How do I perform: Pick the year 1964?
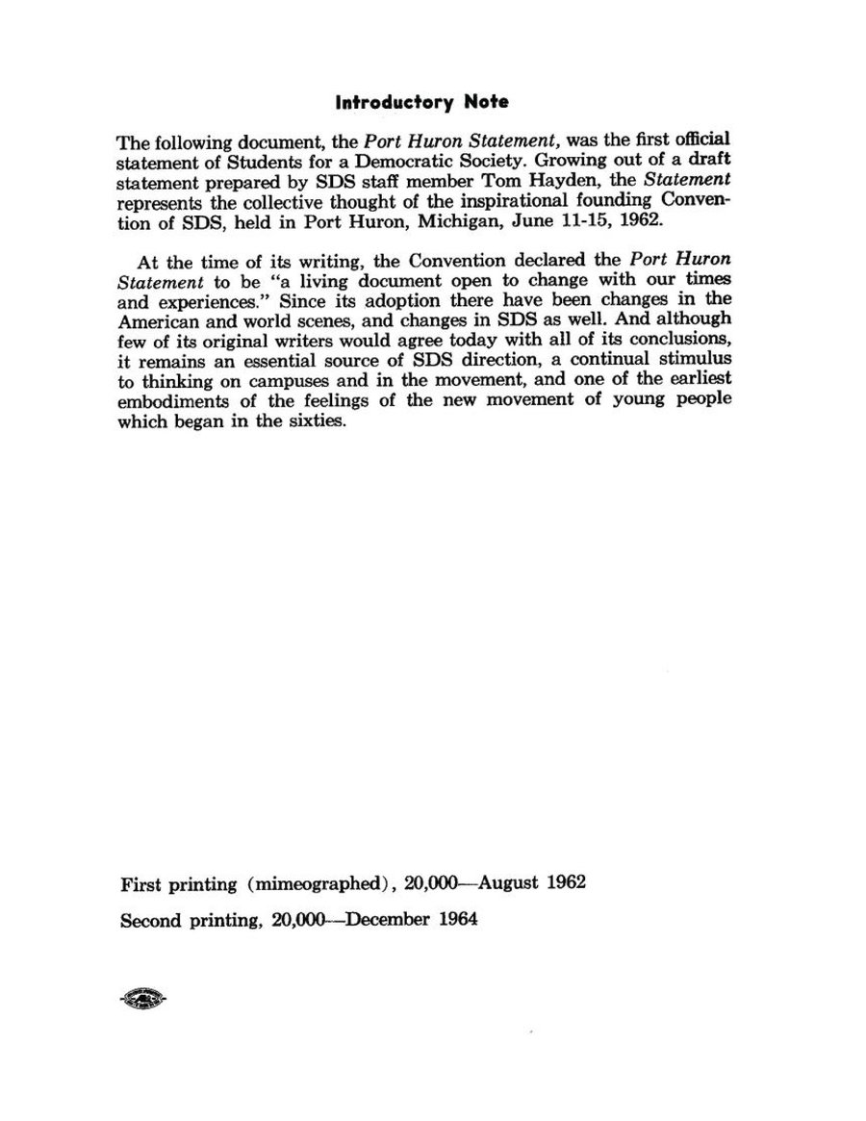457,919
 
